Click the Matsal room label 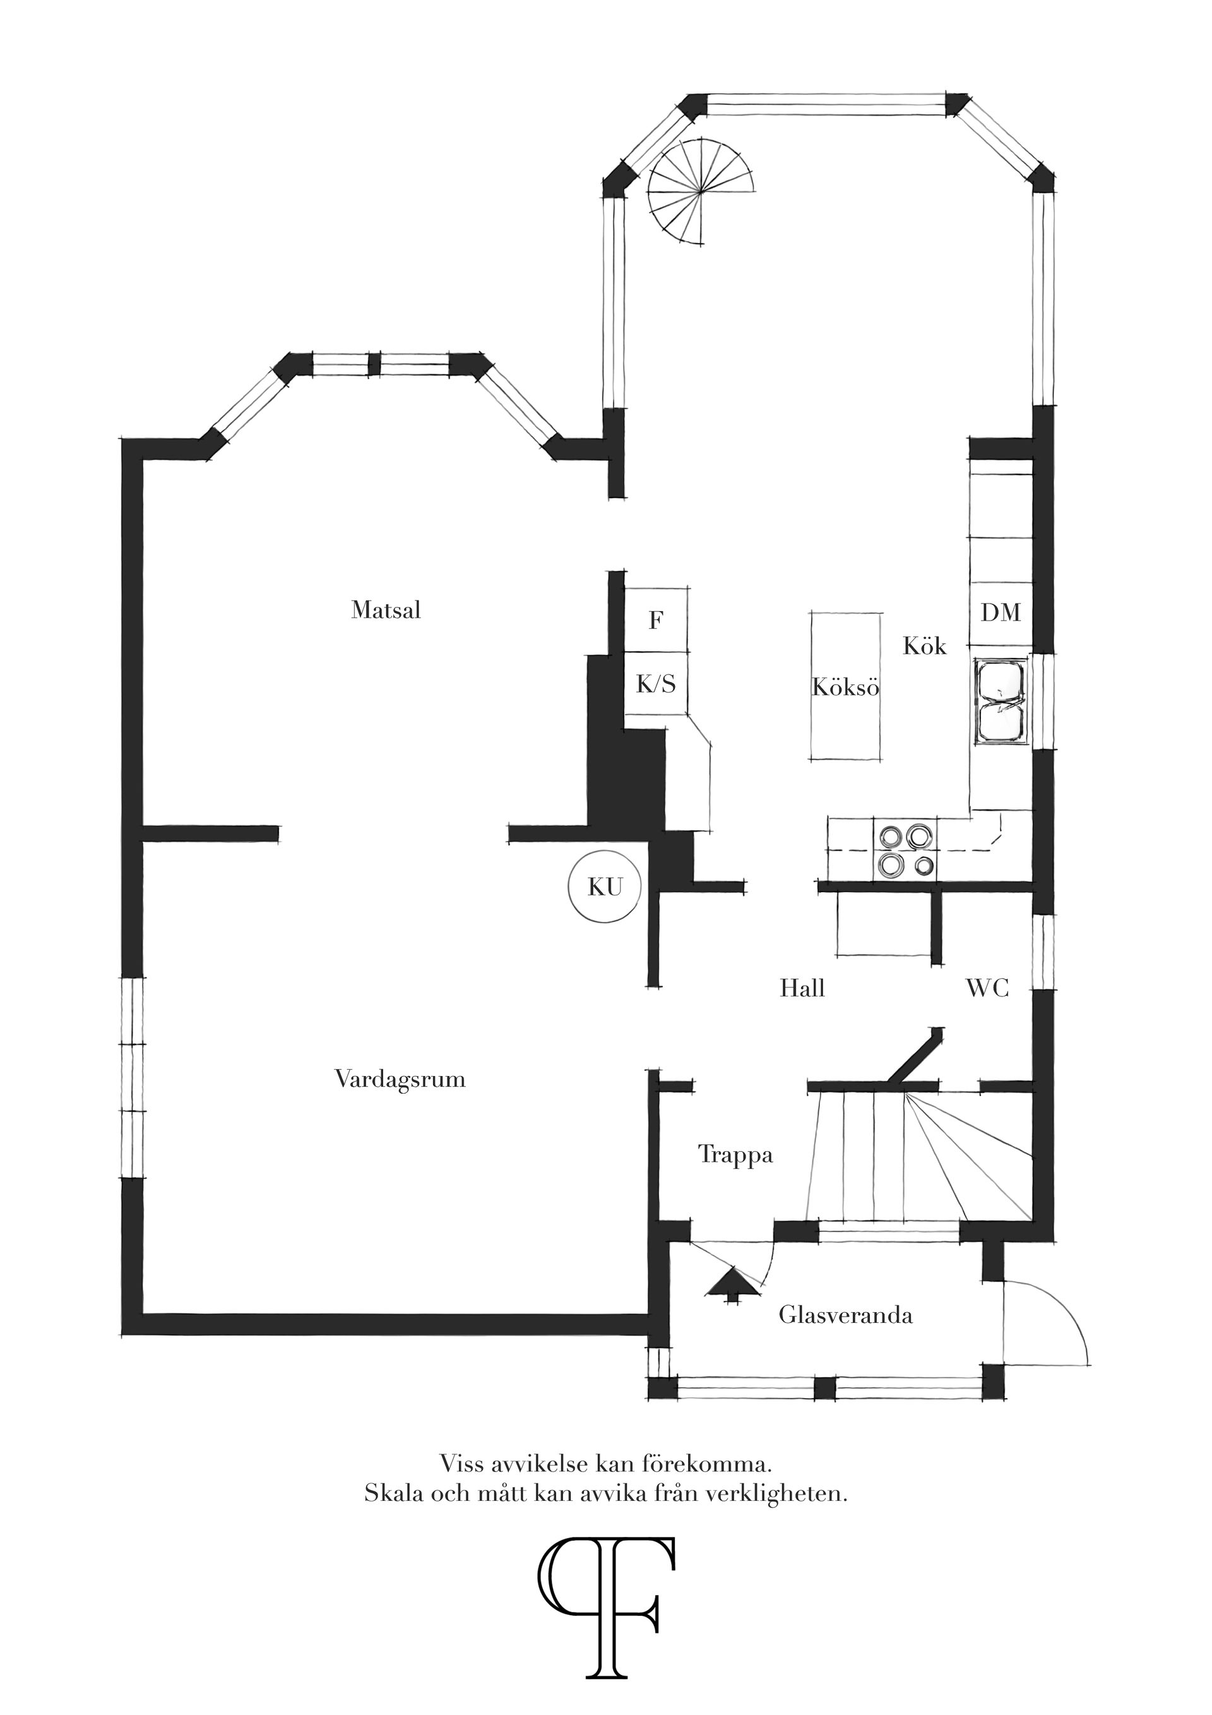(386, 610)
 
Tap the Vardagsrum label (400, 1079)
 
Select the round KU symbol (604, 887)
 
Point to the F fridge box (656, 619)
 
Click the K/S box (656, 683)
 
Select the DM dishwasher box (1001, 613)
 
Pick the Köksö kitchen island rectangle (845, 686)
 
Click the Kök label (925, 645)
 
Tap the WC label (987, 988)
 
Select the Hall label (802, 988)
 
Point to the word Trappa (735, 1155)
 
